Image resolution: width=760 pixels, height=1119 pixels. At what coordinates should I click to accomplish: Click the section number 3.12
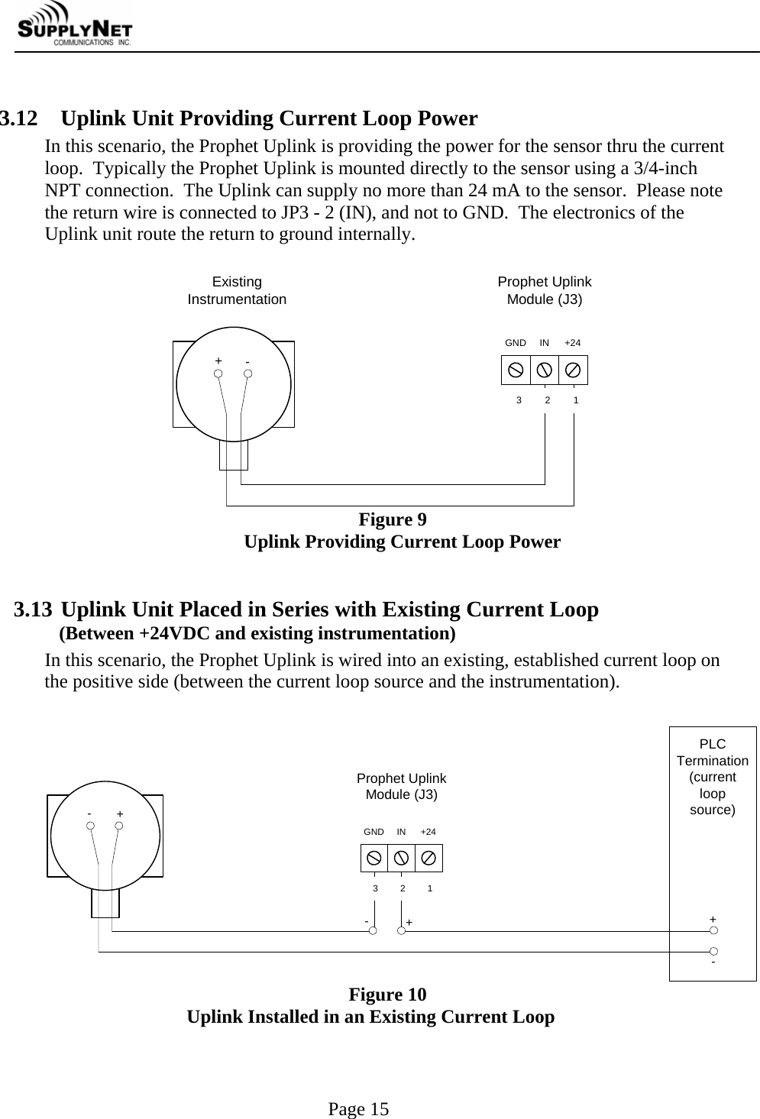(19, 119)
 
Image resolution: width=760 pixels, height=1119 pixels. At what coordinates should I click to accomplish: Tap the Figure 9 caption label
(393, 520)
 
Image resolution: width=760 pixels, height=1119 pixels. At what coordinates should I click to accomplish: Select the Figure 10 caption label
(387, 994)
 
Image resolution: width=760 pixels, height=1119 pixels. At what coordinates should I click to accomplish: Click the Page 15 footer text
(358, 1109)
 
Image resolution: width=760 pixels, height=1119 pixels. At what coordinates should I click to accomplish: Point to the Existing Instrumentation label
(237, 291)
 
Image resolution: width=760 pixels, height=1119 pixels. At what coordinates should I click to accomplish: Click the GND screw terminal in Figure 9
(516, 370)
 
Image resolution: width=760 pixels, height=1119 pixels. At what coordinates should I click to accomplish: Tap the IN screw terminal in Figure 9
(545, 370)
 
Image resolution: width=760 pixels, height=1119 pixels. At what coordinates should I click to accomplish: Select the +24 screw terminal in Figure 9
(573, 370)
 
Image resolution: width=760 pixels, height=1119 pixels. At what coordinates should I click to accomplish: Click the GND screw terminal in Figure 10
(374, 859)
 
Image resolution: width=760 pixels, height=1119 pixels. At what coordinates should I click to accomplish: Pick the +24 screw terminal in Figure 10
(429, 859)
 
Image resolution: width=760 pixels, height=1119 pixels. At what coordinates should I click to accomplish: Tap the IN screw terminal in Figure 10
(401, 859)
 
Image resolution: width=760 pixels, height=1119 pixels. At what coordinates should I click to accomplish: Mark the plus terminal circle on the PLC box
(713, 930)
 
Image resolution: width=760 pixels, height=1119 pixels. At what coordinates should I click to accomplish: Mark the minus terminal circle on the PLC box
(713, 951)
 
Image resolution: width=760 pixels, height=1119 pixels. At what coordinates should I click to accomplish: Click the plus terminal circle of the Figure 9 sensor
(218, 374)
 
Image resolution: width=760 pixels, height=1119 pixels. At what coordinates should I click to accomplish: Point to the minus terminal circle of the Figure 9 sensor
(247, 374)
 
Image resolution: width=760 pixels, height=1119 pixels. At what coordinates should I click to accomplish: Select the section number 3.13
(34, 610)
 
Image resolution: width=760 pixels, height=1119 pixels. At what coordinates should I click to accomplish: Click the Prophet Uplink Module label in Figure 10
(402, 786)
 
